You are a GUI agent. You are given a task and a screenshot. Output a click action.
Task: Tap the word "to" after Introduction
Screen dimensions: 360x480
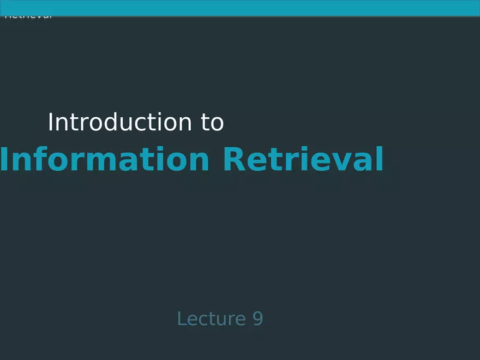(212, 123)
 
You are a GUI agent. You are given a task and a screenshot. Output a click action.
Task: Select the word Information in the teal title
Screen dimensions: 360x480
(104, 160)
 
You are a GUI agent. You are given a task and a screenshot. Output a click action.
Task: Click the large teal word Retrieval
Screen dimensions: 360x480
(303, 160)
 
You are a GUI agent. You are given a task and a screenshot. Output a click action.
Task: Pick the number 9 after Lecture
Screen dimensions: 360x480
(257, 319)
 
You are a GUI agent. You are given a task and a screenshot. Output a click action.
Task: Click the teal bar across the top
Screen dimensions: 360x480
(240, 8)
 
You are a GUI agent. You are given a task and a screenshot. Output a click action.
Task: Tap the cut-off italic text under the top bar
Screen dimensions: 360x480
(28, 16)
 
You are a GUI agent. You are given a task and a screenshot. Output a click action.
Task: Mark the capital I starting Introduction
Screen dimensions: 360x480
(51, 123)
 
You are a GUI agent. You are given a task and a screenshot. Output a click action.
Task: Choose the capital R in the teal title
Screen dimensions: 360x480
(235, 160)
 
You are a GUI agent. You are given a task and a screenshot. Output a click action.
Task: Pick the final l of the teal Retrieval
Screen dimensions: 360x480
(380, 160)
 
